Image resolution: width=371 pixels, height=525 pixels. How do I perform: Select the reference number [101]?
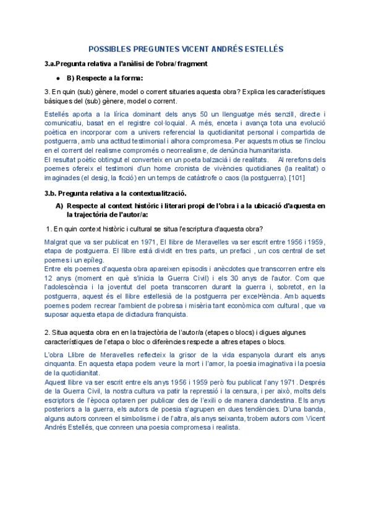(296, 179)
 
